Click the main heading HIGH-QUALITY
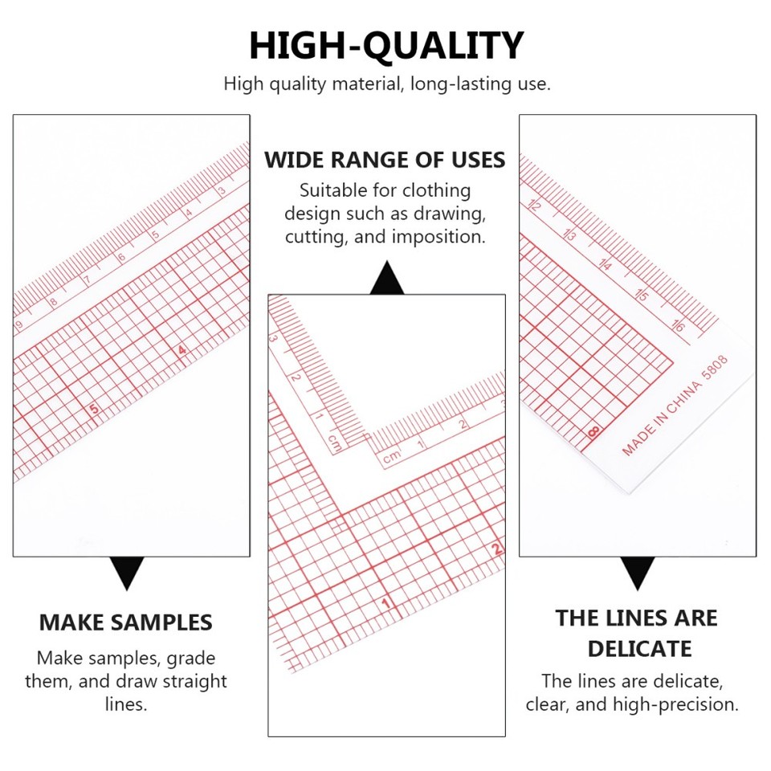coord(385,46)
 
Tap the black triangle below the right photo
coord(638,573)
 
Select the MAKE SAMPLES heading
coord(126,622)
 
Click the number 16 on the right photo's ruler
coord(677,326)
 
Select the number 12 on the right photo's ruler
coord(536,206)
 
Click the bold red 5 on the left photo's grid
coord(94,409)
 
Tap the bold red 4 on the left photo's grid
coord(182,350)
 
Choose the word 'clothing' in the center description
coord(437,191)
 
